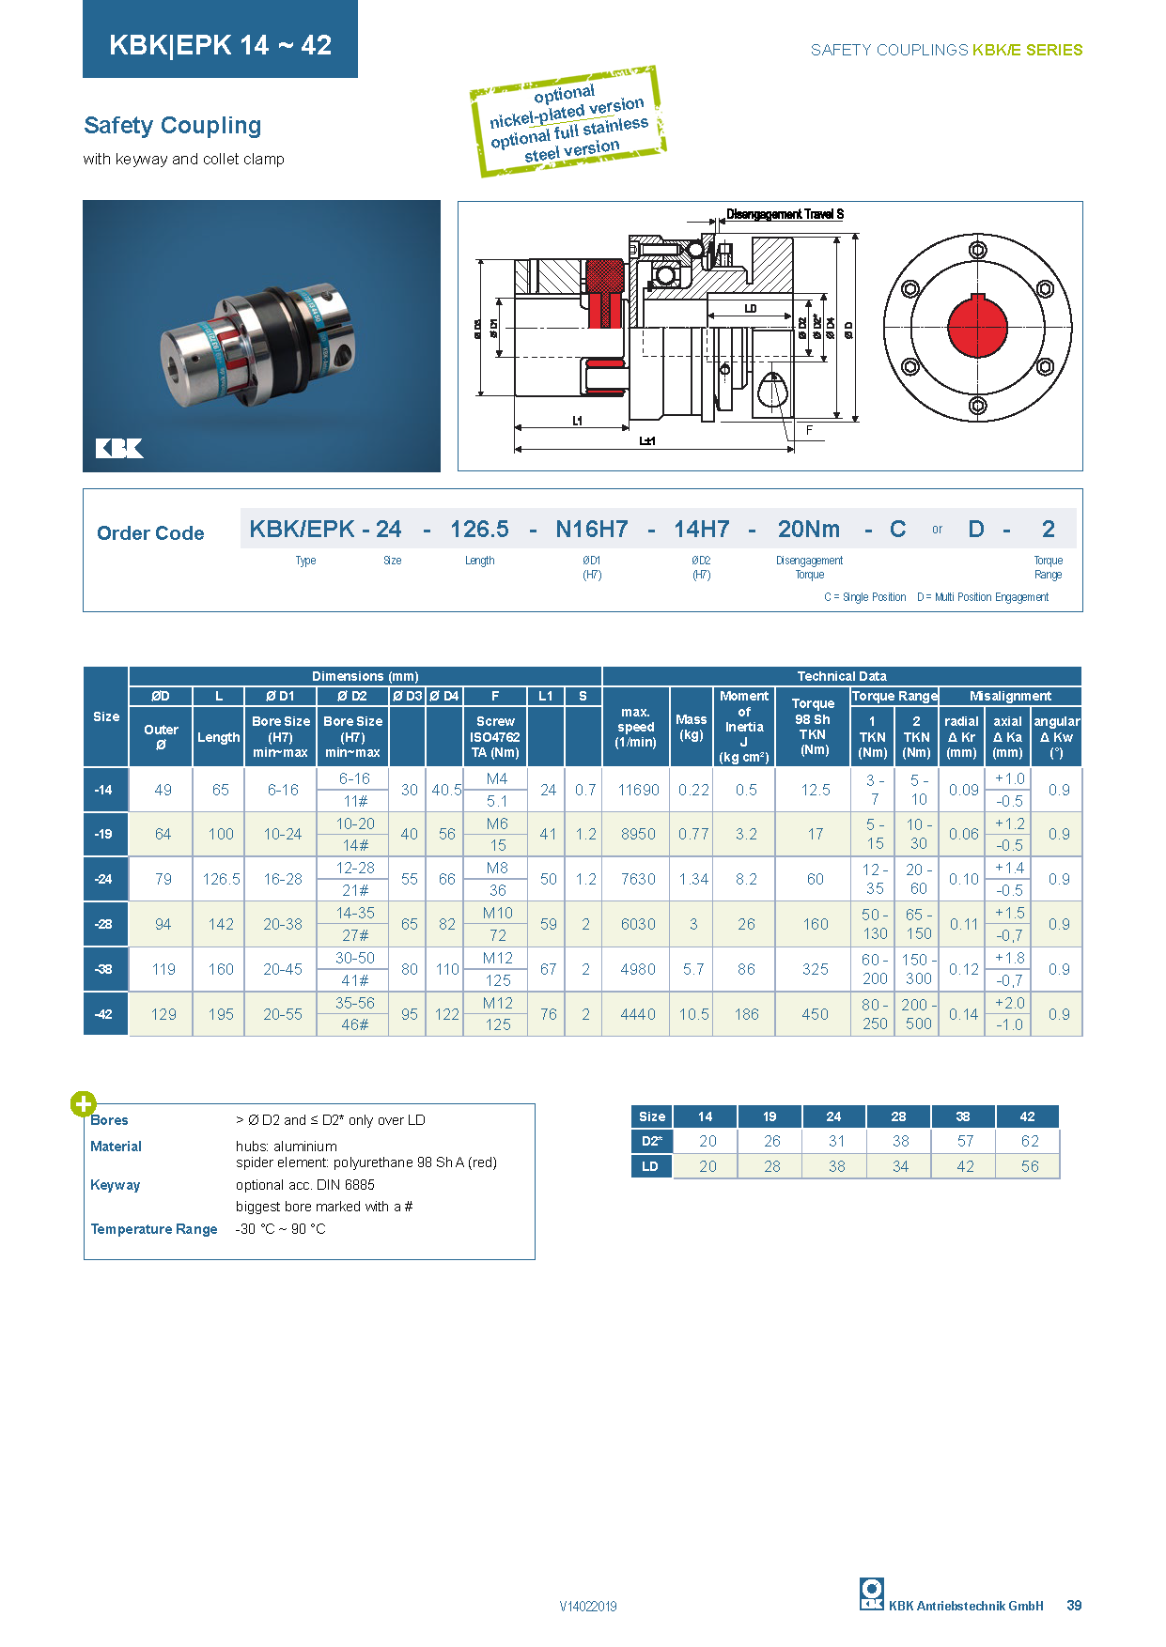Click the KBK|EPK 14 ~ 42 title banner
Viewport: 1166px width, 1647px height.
point(220,44)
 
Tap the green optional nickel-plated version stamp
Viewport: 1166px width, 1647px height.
point(567,122)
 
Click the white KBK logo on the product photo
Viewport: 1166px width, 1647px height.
point(119,448)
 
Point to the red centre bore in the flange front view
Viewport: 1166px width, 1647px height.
point(977,327)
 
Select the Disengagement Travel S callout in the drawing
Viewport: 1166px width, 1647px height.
point(785,214)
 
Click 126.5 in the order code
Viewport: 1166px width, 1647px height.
point(479,530)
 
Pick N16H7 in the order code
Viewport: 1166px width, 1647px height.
point(591,530)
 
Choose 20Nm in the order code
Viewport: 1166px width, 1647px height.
point(808,530)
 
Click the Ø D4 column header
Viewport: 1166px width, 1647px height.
point(444,696)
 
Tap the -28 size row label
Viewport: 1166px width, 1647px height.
point(104,924)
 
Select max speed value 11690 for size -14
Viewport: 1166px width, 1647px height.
point(638,790)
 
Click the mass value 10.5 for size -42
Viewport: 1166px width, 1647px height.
point(693,1014)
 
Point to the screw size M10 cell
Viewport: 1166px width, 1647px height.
point(498,913)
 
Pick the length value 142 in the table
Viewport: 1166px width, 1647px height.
point(221,924)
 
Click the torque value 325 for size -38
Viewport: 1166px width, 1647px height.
point(815,969)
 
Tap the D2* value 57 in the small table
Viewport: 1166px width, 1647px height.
point(965,1141)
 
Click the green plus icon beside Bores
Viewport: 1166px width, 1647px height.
point(83,1104)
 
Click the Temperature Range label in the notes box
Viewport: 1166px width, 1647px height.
point(154,1229)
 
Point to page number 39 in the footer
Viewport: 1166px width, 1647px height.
point(1074,1606)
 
